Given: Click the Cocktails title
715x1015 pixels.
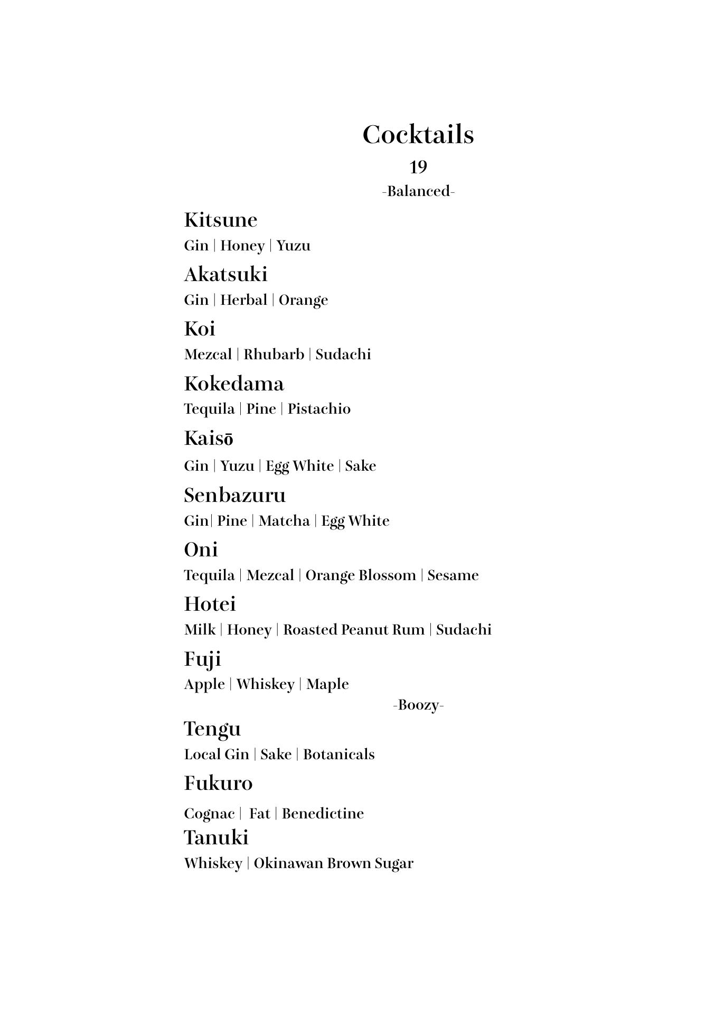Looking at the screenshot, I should (418, 135).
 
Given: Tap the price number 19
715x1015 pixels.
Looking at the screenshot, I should (418, 167).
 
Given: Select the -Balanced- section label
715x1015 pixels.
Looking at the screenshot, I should (418, 191).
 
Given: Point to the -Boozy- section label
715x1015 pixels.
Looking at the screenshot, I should (418, 705).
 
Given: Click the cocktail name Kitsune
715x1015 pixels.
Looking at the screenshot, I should (220, 220).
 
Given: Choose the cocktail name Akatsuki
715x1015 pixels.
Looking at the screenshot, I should (225, 274).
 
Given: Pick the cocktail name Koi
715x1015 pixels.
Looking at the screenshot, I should (199, 329).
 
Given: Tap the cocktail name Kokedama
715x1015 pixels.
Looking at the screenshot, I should (233, 384).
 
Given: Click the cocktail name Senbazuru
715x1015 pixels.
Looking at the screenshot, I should (234, 495).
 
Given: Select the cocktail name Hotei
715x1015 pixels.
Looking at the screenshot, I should (210, 604).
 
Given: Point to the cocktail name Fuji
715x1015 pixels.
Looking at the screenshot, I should (202, 659).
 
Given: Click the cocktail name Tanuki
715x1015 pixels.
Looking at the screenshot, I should (216, 837).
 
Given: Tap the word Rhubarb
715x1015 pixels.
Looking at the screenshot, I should (274, 355).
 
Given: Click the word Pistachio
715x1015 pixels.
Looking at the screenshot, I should (319, 409).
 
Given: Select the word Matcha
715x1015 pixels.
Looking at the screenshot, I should (284, 521).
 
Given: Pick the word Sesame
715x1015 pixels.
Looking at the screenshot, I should (453, 575).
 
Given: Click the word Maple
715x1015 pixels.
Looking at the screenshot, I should (327, 684).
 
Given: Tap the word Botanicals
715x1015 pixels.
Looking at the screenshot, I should (338, 755).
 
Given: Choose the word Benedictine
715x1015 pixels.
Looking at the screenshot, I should (323, 814).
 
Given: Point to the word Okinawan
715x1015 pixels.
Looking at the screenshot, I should (288, 863).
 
